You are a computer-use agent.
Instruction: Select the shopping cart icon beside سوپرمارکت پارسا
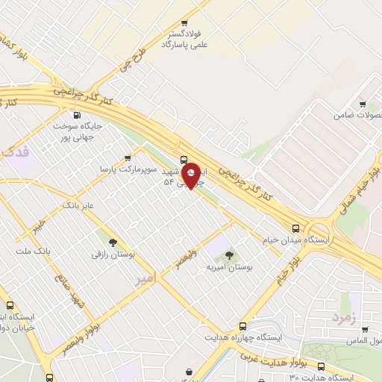click(128, 158)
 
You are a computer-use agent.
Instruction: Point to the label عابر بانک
click(78, 204)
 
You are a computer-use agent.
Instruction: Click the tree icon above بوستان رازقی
click(113, 242)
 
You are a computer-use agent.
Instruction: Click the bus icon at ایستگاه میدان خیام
click(296, 228)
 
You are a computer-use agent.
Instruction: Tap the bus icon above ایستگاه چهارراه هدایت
click(242, 327)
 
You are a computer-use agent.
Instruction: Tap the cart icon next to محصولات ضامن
click(363, 104)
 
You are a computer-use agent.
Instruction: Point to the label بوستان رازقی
click(113, 254)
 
